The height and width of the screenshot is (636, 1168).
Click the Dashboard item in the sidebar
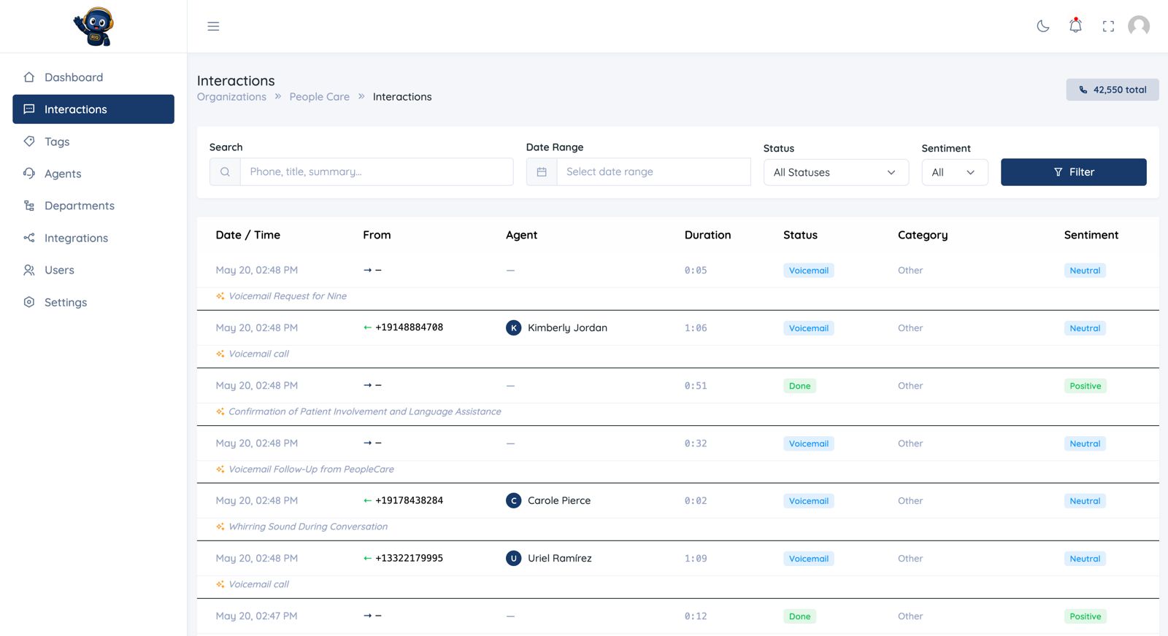[74, 77]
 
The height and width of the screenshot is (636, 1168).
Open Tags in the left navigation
[57, 141]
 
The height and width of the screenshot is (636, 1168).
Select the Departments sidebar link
[80, 205]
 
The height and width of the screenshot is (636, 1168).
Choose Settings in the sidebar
[66, 302]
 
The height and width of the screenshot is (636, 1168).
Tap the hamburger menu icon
[213, 26]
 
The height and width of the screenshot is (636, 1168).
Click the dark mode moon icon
[1043, 26]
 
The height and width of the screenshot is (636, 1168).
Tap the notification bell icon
[1075, 26]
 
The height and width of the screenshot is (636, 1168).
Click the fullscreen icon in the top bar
[1108, 26]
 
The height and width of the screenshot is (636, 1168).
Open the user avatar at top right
[1139, 26]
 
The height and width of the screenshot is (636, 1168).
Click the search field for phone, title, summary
[377, 172]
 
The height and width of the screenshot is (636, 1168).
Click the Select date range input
[653, 172]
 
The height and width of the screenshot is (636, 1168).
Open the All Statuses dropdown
[836, 172]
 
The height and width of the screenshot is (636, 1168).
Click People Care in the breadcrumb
[319, 97]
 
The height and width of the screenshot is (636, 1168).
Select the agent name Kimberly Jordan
[567, 327]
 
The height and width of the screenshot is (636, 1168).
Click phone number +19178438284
[409, 500]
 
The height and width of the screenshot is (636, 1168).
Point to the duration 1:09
[696, 559]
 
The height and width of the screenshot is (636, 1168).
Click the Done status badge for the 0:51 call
[799, 386]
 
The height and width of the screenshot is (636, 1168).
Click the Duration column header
[707, 235]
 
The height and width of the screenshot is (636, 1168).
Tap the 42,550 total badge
[1113, 90]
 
